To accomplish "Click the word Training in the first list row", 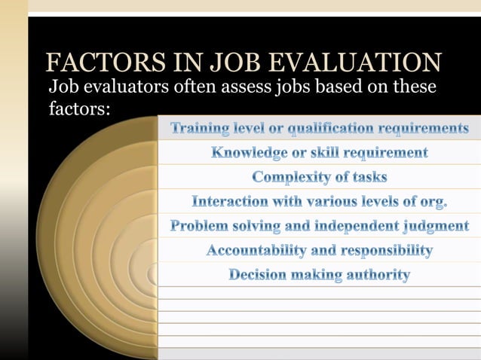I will pyautogui.click(x=201, y=128).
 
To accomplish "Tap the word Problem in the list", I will pyautogui.click(x=200, y=226).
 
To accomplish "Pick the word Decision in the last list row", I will pyautogui.click(x=259, y=275).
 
